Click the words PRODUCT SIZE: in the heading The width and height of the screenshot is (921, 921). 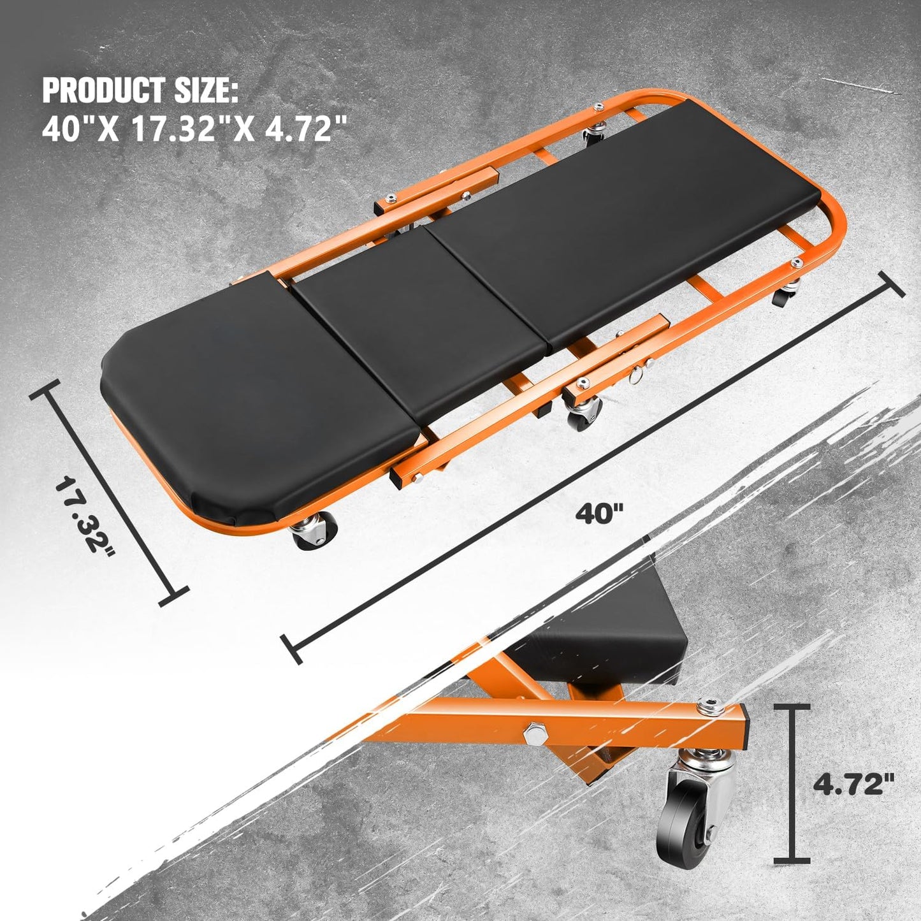click(140, 91)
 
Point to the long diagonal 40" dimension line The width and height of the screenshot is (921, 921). click(593, 465)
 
